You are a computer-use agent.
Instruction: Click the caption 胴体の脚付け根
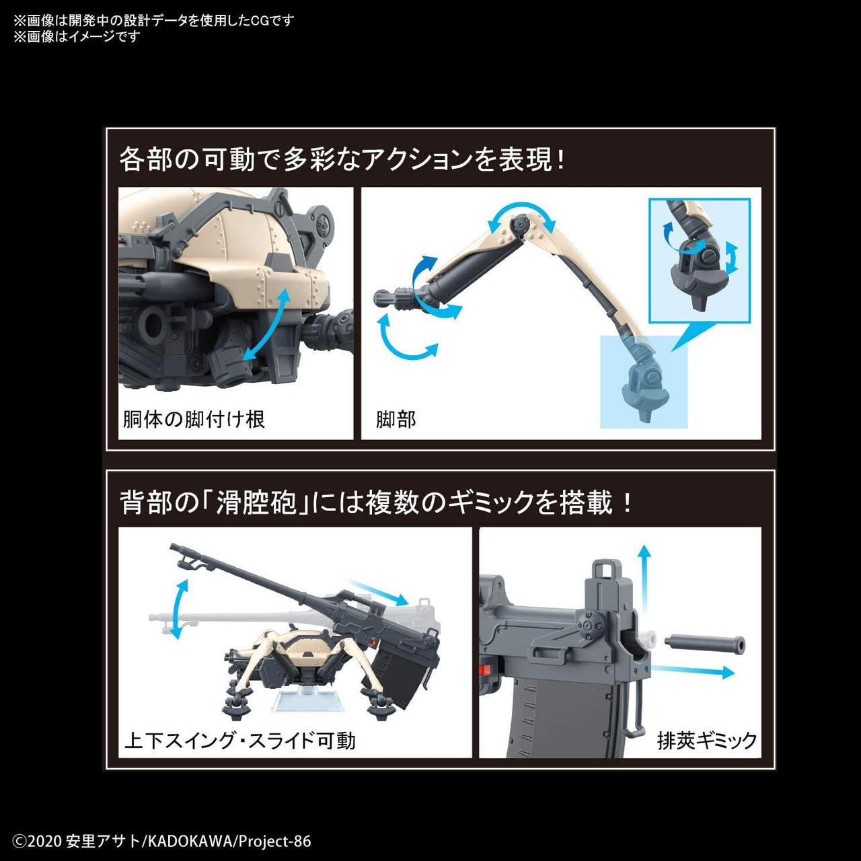(x=194, y=420)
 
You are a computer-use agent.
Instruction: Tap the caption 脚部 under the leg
(x=396, y=420)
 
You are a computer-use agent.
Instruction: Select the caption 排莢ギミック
(x=706, y=741)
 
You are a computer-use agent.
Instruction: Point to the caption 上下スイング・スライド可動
(x=239, y=741)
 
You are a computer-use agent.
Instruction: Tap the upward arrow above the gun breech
(x=644, y=575)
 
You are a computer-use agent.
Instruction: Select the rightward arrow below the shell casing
(x=693, y=671)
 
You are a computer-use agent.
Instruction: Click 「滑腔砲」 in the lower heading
(x=256, y=502)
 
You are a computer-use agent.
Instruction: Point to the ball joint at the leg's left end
(x=383, y=297)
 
